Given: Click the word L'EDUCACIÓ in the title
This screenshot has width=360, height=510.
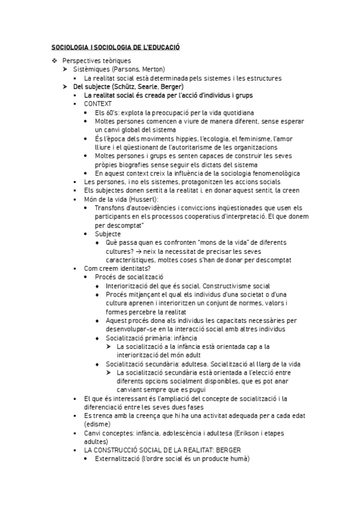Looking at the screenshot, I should (x=160, y=47).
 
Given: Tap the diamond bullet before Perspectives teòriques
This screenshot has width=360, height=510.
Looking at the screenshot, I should (x=55, y=61).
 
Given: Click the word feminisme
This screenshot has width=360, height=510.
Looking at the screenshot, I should (x=236, y=138).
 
